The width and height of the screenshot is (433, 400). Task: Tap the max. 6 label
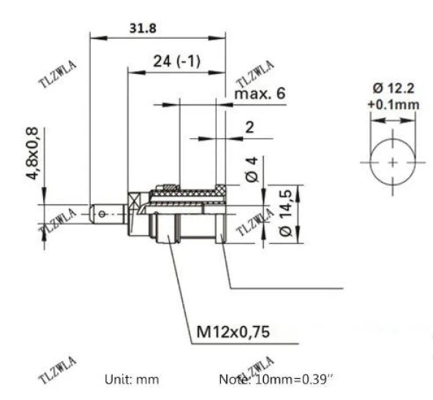coord(260,95)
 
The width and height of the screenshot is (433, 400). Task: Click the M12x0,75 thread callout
coord(233,332)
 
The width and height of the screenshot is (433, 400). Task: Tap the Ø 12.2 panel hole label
coord(393,88)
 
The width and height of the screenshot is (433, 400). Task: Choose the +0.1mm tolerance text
coord(393,104)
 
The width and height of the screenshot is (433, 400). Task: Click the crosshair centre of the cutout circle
coord(394,161)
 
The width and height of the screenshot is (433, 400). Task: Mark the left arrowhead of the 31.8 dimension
coord(93,35)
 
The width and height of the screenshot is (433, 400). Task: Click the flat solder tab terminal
coord(106,213)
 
